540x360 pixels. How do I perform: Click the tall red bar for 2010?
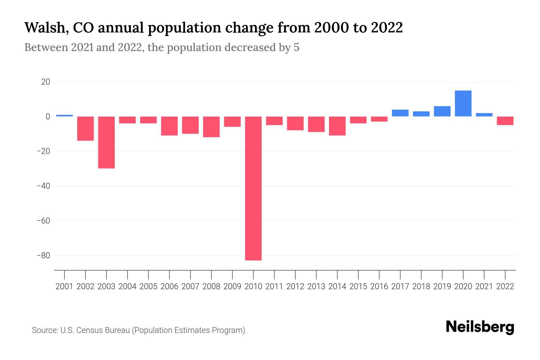pyautogui.click(x=253, y=188)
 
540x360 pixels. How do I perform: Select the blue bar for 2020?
pyautogui.click(x=463, y=103)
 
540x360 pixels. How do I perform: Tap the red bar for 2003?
pyautogui.click(x=106, y=142)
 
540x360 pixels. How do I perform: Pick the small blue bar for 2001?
pyautogui.click(x=64, y=115)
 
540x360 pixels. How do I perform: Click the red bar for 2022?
pyautogui.click(x=505, y=121)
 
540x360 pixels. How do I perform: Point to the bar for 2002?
pyautogui.click(x=85, y=128)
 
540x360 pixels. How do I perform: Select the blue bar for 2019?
pyautogui.click(x=442, y=111)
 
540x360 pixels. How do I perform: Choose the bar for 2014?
pyautogui.click(x=337, y=126)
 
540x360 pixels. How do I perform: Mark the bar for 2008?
pyautogui.click(x=211, y=127)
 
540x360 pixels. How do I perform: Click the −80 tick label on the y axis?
pyautogui.click(x=43, y=256)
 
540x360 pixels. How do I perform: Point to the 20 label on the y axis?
pyautogui.click(x=46, y=82)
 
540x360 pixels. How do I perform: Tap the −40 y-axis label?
pyautogui.click(x=43, y=186)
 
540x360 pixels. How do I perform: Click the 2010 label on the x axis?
pyautogui.click(x=253, y=286)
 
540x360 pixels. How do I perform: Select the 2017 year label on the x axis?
pyautogui.click(x=400, y=286)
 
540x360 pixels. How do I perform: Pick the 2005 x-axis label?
pyautogui.click(x=148, y=286)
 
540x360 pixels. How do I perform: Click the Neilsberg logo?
pyautogui.click(x=480, y=327)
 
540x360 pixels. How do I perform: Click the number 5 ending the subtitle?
pyautogui.click(x=296, y=48)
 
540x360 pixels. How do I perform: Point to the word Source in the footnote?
pyautogui.click(x=45, y=330)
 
